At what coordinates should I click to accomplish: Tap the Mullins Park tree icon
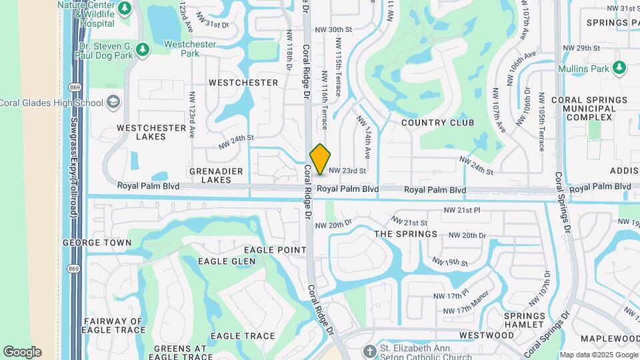619,67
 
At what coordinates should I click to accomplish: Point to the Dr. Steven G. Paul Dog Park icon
141,49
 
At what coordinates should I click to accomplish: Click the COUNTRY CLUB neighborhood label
438,123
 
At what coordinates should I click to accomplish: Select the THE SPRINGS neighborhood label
405,234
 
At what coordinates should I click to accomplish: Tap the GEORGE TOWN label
97,243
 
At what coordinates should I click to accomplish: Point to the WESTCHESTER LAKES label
142,132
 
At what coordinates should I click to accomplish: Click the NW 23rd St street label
348,171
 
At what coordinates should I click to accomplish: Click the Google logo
22,352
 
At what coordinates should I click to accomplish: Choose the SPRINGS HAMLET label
524,320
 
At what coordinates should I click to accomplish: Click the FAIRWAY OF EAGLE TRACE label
114,325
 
